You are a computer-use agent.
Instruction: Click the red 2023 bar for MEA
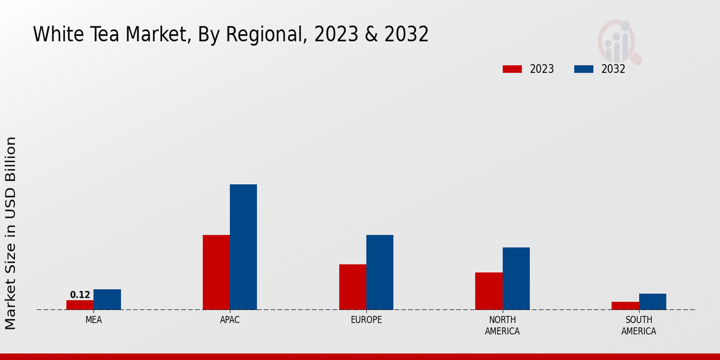(80, 305)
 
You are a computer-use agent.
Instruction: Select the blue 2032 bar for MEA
(107, 299)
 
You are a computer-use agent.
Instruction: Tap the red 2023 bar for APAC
(216, 272)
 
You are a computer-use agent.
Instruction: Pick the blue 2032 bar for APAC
(243, 247)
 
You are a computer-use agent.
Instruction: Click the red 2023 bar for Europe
(352, 287)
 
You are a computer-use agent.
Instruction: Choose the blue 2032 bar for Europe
(380, 272)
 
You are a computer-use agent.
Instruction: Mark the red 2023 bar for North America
(488, 291)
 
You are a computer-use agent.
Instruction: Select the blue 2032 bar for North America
(516, 278)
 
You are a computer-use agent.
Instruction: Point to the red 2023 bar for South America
(625, 305)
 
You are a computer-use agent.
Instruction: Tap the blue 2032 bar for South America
(652, 301)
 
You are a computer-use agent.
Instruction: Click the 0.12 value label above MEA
(80, 295)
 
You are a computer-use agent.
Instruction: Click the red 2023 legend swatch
(512, 69)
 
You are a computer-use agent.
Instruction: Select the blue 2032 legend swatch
(583, 69)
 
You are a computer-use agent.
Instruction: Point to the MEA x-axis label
(94, 320)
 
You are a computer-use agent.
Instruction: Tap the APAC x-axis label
(230, 320)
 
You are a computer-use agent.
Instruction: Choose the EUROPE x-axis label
(366, 320)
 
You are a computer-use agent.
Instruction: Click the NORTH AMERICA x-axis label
(502, 325)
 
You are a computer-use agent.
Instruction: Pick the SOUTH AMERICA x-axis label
(638, 325)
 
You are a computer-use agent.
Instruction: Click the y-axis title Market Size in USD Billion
(11, 233)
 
